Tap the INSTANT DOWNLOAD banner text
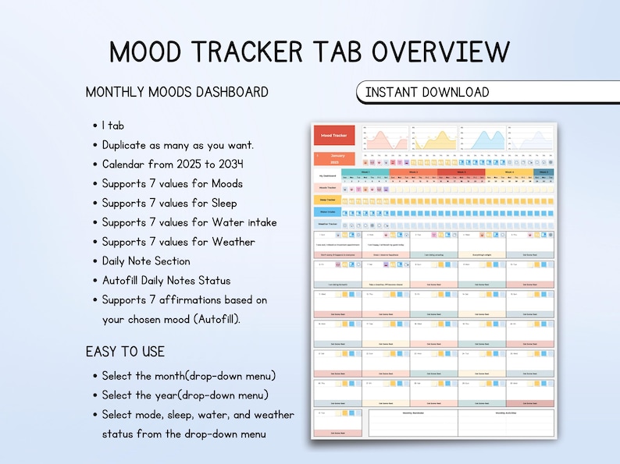tap(427, 92)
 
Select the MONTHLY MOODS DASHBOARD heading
tap(176, 92)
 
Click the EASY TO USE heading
tap(125, 352)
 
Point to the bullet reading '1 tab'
tap(113, 126)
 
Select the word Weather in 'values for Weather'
tap(235, 242)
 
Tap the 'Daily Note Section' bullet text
tap(146, 261)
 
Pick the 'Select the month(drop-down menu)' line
tap(188, 376)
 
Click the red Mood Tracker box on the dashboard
tap(334, 136)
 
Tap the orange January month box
tap(334, 158)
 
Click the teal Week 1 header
tap(365, 172)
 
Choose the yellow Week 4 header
tap(509, 172)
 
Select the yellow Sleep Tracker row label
tap(326, 200)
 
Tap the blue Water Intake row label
tap(326, 211)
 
